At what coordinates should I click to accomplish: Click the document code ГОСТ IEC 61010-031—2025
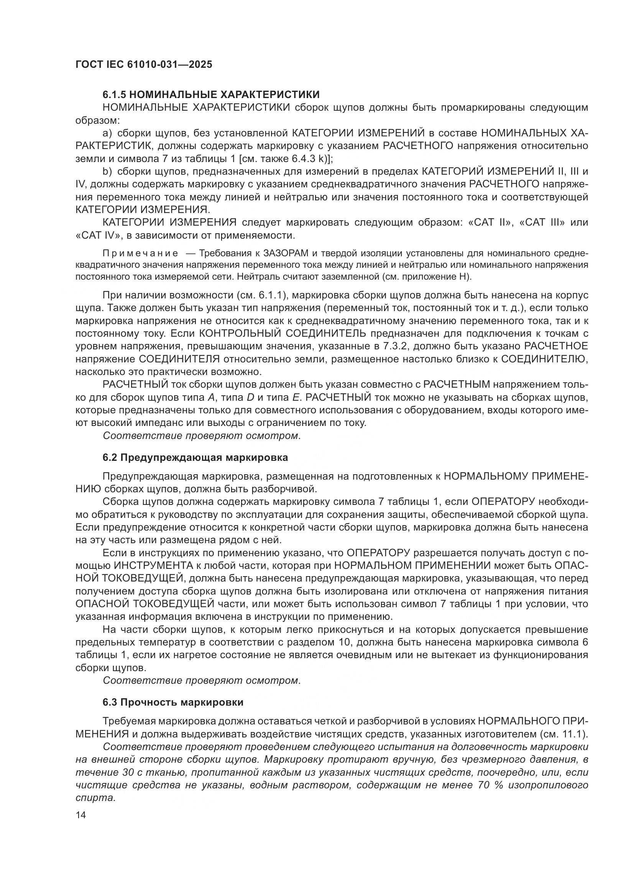pos(144,64)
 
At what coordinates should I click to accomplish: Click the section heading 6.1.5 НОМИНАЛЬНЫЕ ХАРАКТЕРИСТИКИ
pos(211,95)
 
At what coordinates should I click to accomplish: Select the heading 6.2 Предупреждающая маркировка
pos(195,458)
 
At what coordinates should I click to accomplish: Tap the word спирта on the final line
pos(96,798)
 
